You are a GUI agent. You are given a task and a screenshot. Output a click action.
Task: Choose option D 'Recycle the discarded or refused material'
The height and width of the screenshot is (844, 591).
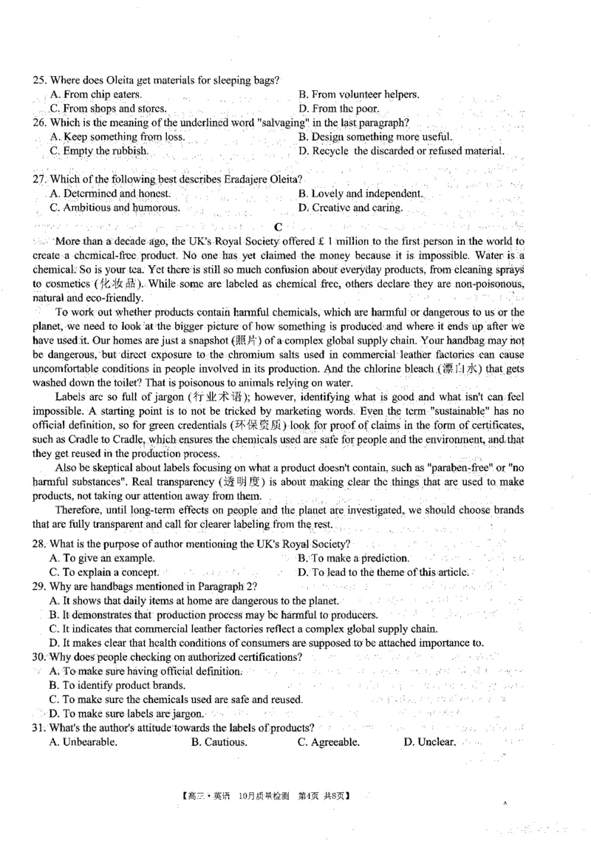pos(402,151)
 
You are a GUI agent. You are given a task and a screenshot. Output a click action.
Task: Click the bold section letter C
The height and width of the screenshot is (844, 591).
pos(278,227)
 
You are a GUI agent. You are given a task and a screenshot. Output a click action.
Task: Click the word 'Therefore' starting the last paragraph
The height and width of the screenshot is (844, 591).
pos(79,510)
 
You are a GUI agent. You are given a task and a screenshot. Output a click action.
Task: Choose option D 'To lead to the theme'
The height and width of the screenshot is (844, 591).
pos(383,572)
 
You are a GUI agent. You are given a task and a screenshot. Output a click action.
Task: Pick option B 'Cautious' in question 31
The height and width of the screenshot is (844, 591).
pos(219,742)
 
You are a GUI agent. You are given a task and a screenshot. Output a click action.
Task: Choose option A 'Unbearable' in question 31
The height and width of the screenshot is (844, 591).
pos(83,742)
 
